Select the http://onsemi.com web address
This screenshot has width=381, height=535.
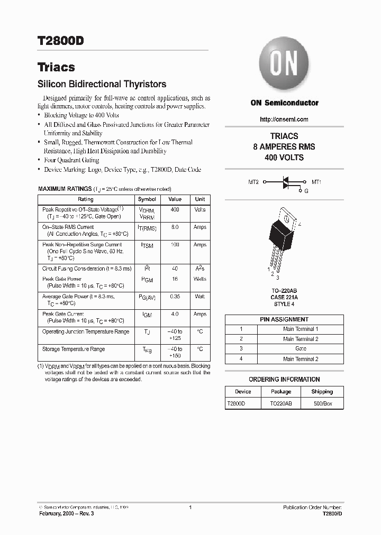284,119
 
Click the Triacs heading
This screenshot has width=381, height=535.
56,67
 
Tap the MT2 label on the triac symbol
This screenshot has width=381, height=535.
253,182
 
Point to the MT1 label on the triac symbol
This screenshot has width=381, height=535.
316,182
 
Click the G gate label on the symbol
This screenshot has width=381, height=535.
306,190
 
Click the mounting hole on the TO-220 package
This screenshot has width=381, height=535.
286,217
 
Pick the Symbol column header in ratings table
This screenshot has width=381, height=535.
147,199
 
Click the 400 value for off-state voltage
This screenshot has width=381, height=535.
175,209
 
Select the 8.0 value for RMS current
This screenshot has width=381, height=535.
175,227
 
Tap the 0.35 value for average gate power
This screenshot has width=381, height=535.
175,297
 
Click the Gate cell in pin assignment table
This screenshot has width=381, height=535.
301,349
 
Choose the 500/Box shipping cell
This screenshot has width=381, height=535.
322,403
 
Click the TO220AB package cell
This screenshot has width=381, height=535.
280,403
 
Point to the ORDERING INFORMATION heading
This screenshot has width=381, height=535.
284,380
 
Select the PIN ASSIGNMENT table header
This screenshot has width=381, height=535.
284,319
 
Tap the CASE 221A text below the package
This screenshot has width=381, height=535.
284,298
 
